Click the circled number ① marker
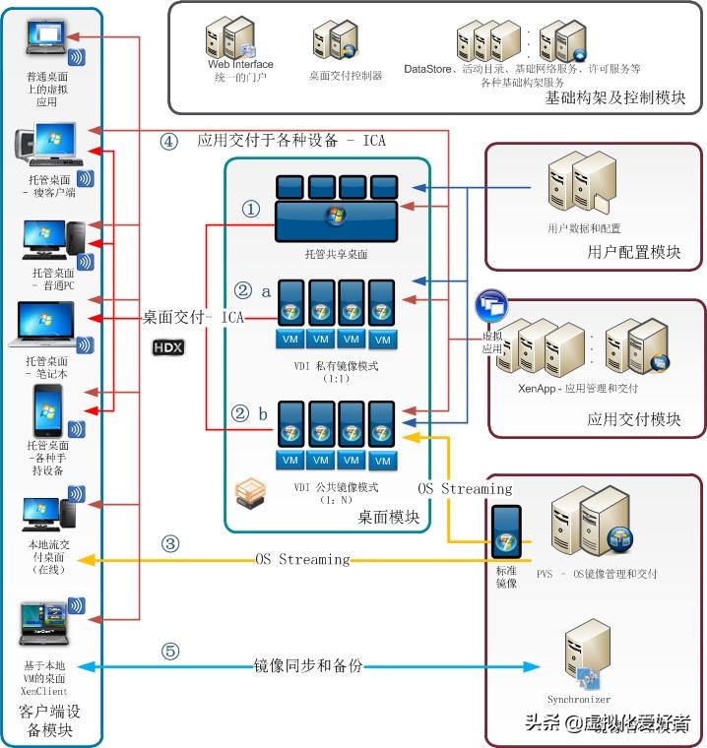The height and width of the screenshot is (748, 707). (251, 210)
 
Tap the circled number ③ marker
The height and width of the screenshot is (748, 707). (170, 542)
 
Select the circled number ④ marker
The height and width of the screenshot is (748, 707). (168, 141)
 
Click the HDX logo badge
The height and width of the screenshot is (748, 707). (168, 347)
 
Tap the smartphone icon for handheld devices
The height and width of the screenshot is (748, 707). (48, 410)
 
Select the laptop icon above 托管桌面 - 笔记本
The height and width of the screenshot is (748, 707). (44, 325)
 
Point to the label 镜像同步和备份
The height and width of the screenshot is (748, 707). (307, 666)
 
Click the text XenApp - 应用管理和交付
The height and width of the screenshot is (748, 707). (577, 388)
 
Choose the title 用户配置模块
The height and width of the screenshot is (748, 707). (633, 252)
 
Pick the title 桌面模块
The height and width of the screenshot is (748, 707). (388, 517)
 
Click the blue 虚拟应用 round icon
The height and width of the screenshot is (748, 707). (490, 306)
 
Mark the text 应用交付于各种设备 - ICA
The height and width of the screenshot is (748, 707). (291, 141)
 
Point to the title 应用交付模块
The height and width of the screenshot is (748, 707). (633, 419)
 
